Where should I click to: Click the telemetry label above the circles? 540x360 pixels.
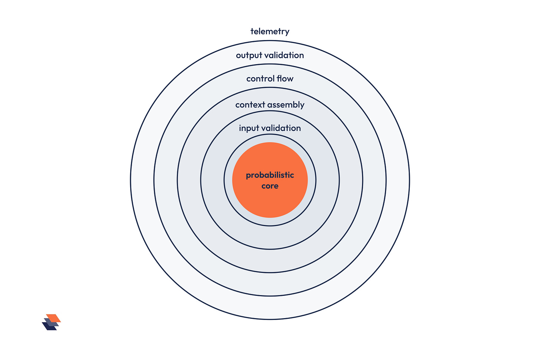[270, 32]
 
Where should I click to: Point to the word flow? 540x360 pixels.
[285, 79]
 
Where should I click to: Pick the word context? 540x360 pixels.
[250, 105]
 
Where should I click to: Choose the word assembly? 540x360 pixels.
[286, 105]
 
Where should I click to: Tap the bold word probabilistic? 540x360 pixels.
[270, 175]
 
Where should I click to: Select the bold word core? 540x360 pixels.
[270, 186]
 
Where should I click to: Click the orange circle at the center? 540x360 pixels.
[270, 180]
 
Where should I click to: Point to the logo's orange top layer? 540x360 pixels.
[53, 318]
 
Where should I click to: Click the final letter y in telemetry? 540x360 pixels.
[287, 33]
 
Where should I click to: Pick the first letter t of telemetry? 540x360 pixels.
[252, 31]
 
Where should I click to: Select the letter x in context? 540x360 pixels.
[260, 105]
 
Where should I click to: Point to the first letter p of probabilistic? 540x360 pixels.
[248, 176]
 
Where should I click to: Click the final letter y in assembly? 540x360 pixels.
[302, 106]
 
